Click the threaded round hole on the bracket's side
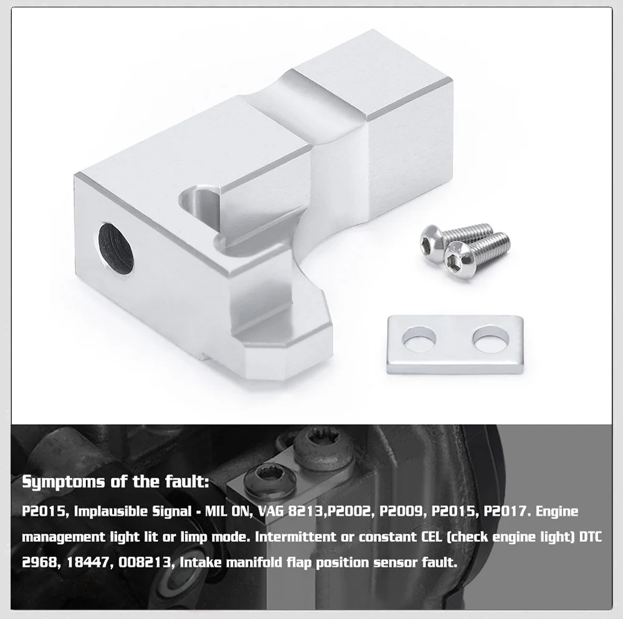click(x=116, y=248)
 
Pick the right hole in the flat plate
click(x=491, y=338)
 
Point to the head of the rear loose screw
click(x=433, y=239)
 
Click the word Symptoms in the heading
click(x=63, y=482)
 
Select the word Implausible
click(x=112, y=511)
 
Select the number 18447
click(x=87, y=562)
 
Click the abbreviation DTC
click(x=591, y=537)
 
